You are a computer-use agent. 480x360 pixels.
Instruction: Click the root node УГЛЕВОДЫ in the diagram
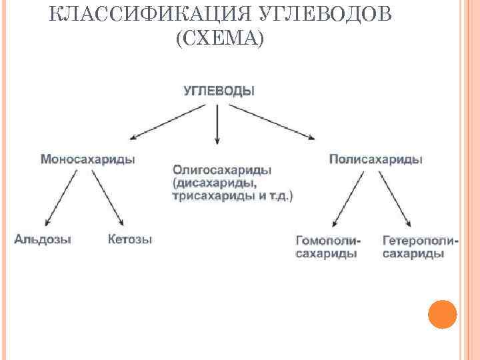coord(218,91)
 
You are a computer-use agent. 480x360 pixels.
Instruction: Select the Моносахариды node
coord(88,159)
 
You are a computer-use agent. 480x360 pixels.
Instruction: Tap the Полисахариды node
coord(375,159)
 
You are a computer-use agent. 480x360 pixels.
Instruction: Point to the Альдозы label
coord(43,239)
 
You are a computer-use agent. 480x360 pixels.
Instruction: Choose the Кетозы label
coord(129,239)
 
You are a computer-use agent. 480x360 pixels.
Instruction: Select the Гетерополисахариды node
coord(420,247)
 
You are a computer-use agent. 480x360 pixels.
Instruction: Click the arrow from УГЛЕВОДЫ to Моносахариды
coord(167,122)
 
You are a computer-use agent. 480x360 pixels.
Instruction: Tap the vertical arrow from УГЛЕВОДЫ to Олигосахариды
coord(217,123)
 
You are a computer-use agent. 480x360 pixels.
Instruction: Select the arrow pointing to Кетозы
coord(108,197)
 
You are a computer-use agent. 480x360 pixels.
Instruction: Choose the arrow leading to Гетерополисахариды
coord(395,199)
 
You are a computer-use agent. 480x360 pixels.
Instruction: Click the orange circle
coord(442,314)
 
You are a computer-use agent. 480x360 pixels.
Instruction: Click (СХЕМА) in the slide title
coord(219,39)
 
